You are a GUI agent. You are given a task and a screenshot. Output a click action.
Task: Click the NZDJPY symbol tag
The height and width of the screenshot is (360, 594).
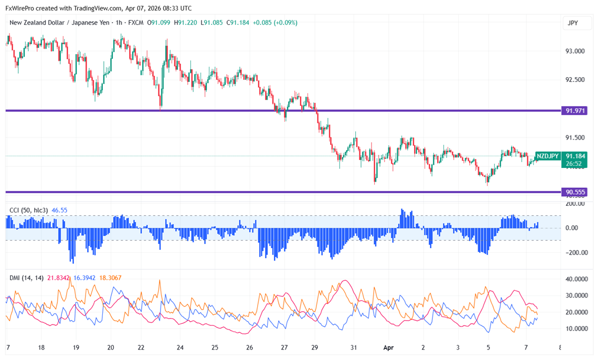[547, 156]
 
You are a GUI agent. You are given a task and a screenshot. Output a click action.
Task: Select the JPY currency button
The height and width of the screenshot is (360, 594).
[573, 23]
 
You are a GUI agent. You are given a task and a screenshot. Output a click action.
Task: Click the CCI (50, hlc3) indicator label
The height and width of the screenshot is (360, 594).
[29, 210]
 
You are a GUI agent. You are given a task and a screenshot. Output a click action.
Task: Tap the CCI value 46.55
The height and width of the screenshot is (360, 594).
[60, 210]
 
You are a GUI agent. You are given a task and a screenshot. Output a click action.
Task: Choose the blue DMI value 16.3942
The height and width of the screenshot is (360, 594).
[84, 277]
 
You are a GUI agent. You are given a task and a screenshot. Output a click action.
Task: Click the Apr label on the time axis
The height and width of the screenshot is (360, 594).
[388, 347]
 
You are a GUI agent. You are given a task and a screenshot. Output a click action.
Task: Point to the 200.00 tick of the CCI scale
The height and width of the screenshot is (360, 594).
[575, 204]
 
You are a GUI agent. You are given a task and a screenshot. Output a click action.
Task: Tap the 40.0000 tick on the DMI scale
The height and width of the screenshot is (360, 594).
[576, 279]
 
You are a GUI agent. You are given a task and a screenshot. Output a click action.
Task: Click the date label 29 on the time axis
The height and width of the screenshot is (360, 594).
[314, 347]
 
